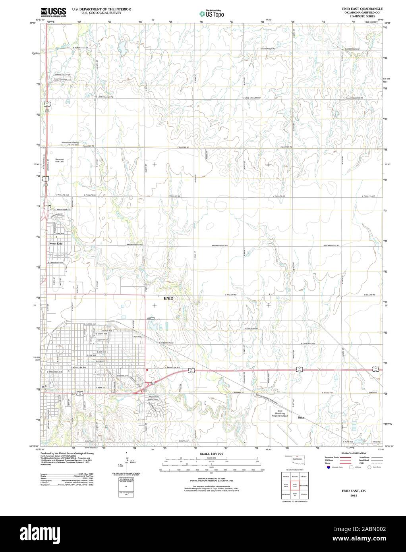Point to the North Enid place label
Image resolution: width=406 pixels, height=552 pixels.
[56, 243]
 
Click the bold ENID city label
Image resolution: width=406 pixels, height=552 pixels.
[168, 297]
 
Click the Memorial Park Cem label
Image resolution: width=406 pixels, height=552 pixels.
[62, 160]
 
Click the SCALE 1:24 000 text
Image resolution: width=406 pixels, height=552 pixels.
[212, 454]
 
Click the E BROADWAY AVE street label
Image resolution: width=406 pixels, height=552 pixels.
[55, 372]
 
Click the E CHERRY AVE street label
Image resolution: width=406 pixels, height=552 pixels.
[90, 324]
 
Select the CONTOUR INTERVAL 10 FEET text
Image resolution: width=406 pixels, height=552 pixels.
[212, 479]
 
